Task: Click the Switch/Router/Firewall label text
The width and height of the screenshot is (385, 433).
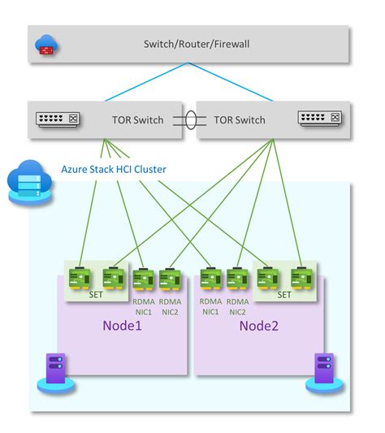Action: click(x=197, y=44)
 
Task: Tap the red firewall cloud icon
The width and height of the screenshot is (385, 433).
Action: click(x=46, y=45)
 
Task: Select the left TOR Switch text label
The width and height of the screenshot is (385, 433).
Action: click(x=137, y=120)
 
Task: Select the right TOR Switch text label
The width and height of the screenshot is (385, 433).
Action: click(x=240, y=120)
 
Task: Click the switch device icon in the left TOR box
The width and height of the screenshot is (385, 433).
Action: click(x=58, y=119)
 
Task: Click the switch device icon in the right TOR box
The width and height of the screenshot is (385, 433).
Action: click(x=320, y=118)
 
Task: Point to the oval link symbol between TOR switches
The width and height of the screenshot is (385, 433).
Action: click(x=190, y=120)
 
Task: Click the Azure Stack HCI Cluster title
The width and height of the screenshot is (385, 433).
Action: click(x=114, y=169)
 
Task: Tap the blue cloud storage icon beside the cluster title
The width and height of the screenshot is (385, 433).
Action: click(x=29, y=182)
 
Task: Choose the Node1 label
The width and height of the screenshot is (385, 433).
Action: click(x=122, y=326)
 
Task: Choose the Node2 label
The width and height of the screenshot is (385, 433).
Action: click(x=259, y=326)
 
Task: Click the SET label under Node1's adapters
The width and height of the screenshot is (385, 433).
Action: click(x=96, y=295)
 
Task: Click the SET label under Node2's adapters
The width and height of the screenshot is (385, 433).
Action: click(x=284, y=295)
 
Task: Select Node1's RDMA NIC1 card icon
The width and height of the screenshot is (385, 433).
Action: click(x=143, y=279)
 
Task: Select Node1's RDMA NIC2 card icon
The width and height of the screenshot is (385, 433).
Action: click(x=170, y=279)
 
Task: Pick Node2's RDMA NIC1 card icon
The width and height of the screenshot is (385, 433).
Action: click(x=210, y=279)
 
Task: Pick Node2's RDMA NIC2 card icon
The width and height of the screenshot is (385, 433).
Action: click(x=237, y=279)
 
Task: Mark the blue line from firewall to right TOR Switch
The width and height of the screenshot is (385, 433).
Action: click(x=231, y=82)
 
